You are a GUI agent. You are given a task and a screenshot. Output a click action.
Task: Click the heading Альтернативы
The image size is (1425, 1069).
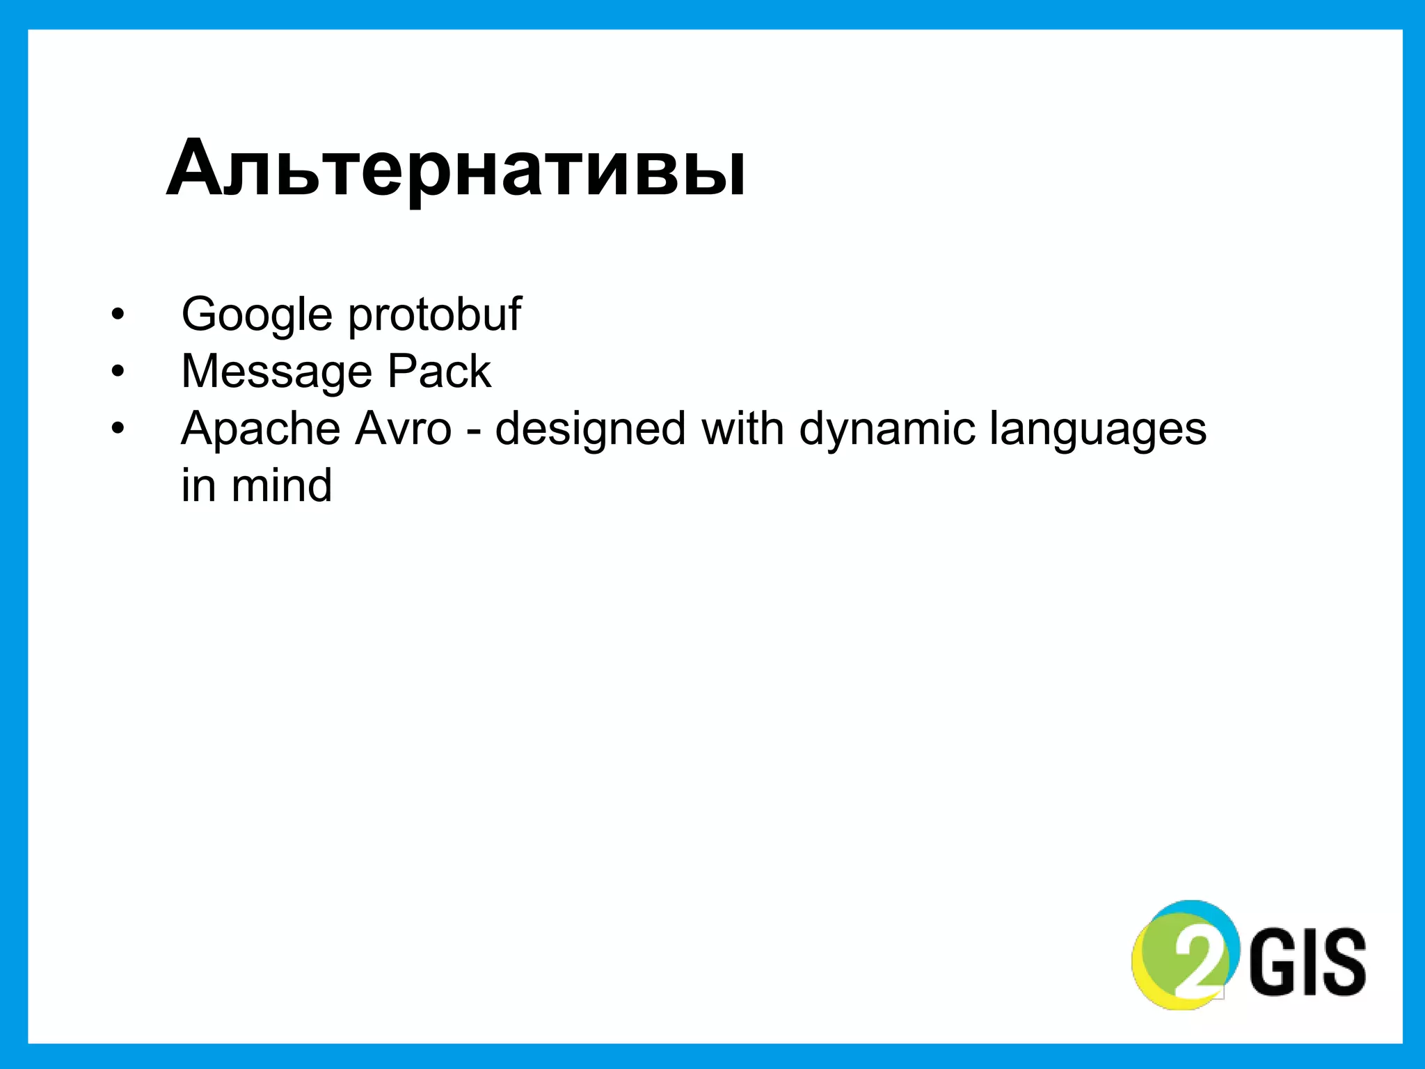(456, 169)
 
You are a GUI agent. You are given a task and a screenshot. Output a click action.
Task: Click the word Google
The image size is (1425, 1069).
(257, 315)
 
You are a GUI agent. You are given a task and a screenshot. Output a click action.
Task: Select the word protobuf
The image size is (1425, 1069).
(434, 315)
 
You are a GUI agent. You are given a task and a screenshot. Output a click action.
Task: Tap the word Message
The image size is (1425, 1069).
(276, 372)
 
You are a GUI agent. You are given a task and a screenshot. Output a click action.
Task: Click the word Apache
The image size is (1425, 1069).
(260, 429)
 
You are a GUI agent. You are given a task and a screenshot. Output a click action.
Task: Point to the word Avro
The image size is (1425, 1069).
(403, 428)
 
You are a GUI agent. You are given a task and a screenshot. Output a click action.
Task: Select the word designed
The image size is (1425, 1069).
(590, 429)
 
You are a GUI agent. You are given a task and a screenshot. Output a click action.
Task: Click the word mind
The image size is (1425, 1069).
(282, 485)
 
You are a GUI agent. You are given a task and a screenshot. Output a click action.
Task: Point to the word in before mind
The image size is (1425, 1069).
(198, 485)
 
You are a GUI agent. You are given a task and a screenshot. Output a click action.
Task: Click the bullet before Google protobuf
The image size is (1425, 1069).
(118, 315)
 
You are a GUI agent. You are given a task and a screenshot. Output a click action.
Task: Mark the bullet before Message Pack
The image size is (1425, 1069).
(118, 372)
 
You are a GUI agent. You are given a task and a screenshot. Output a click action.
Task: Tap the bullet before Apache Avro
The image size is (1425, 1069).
(118, 429)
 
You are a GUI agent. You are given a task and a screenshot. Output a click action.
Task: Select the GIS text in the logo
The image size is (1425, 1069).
(1308, 961)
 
